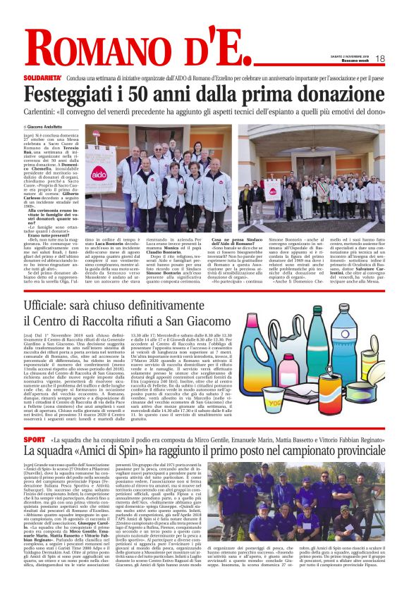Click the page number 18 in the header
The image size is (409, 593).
[379, 58]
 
